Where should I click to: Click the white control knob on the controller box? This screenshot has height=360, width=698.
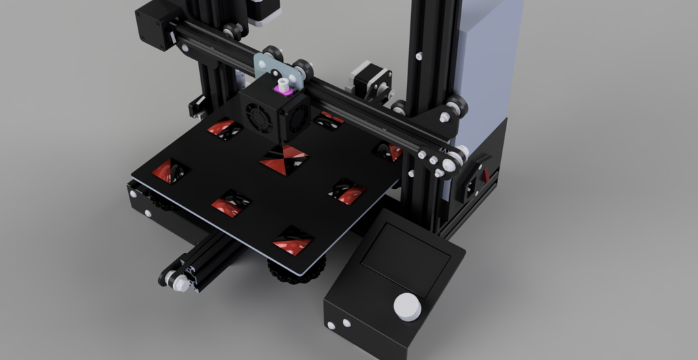tap(408, 306)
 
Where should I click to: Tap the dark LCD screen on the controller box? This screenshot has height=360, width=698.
tap(406, 260)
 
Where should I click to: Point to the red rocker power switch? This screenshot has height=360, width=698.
tap(486, 174)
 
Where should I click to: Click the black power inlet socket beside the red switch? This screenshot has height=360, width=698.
tap(471, 185)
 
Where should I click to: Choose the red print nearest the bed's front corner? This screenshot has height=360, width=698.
tap(293, 242)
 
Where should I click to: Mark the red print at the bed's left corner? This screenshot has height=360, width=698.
tap(170, 170)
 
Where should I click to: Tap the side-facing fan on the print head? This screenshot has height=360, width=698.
tap(297, 118)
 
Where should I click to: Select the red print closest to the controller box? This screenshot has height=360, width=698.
tap(348, 192)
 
